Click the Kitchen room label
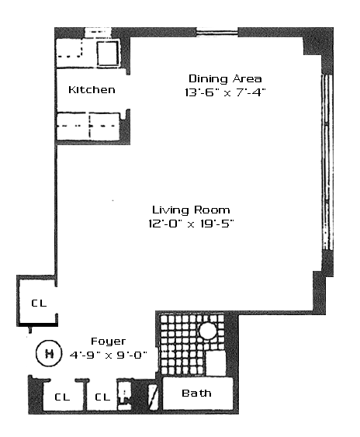pos(92,90)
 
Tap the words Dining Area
pos(225,79)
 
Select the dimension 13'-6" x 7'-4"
pos(225,92)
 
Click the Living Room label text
pos(191,210)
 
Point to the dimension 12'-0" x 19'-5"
pos(191,224)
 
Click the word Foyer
pos(108,342)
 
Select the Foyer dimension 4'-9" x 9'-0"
pos(108,355)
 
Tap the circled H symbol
pos(49,353)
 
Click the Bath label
pos(196,394)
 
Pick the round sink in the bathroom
pos(208,331)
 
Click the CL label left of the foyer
pos(39,303)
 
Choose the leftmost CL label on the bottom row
pos(62,397)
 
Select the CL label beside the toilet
pos(102,397)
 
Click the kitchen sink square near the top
pos(108,54)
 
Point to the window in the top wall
pos(217,32)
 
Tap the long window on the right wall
pos(327,161)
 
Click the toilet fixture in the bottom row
pos(124,394)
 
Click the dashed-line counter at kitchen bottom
pos(88,127)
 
